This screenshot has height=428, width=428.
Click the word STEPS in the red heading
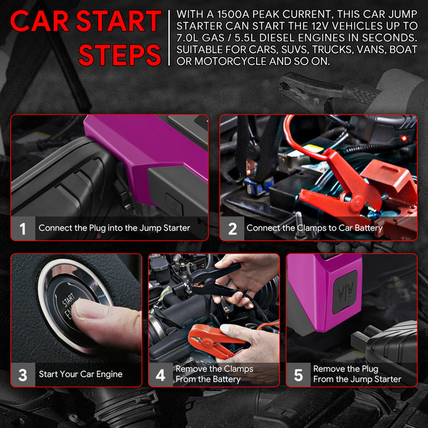120,55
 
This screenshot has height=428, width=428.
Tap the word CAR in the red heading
40,21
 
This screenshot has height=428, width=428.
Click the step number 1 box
23,228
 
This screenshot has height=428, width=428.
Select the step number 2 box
232,228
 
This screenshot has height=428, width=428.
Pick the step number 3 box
23,374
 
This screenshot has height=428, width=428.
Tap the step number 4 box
160,374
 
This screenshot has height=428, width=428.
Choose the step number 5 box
298,374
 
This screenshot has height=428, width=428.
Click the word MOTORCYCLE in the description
230,61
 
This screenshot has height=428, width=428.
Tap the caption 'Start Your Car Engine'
81,374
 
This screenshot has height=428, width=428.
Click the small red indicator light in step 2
404,138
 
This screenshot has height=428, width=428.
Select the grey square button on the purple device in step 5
345,293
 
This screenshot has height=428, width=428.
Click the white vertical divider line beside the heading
169,38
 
